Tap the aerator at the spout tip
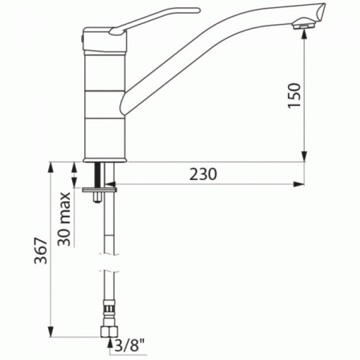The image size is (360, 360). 304,24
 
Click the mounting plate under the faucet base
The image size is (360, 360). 100,189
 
